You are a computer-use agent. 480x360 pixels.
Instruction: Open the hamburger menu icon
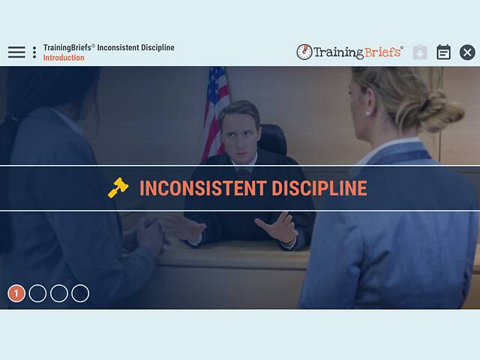click(16, 52)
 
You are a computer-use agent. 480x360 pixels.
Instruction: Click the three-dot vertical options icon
click(34, 52)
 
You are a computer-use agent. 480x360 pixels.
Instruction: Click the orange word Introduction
click(64, 58)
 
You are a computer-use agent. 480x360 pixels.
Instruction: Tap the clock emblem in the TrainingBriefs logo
click(304, 52)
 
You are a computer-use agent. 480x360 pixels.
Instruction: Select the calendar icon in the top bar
click(444, 52)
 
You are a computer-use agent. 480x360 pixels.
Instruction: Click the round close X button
click(467, 52)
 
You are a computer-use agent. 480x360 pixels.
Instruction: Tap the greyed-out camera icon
click(420, 52)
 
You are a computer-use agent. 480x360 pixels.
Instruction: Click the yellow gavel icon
click(118, 188)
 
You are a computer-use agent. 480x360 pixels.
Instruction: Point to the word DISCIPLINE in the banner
click(315, 188)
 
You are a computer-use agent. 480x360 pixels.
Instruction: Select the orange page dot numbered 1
click(16, 293)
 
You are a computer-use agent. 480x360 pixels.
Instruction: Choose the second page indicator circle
click(37, 293)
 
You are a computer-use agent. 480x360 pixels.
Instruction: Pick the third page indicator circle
click(59, 293)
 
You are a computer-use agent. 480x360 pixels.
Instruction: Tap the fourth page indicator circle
click(80, 293)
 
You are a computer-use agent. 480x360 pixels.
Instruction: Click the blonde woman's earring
click(368, 112)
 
